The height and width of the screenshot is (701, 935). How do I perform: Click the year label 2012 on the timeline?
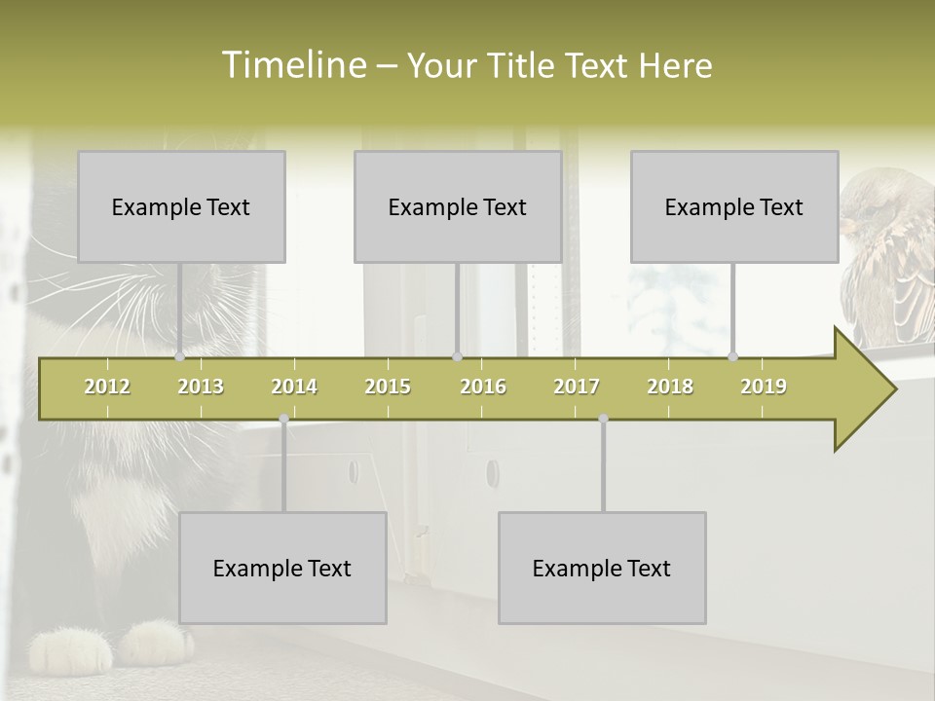tap(107, 387)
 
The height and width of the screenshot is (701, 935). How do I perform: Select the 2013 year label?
tap(201, 387)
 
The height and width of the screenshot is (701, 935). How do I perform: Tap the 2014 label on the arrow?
tap(294, 387)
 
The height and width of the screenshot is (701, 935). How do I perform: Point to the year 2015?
tap(388, 387)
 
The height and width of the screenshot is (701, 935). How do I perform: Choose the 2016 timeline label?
tap(483, 387)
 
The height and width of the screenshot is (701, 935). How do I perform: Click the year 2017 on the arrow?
tap(577, 387)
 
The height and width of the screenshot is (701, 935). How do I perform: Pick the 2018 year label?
tap(670, 387)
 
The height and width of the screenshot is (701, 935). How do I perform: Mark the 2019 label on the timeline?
tap(764, 387)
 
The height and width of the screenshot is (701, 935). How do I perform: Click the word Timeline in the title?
tap(293, 65)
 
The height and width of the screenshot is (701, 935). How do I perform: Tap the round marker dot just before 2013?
tap(179, 357)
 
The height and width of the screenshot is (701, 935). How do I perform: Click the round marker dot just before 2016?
tap(457, 357)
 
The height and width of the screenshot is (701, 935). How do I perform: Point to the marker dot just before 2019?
tap(733, 357)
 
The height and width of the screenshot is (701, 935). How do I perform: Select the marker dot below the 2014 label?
tap(283, 419)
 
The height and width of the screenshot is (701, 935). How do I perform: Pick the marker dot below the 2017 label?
tap(603, 419)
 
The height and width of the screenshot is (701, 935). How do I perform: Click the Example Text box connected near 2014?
tap(282, 568)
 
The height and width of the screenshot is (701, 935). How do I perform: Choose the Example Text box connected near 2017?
tap(602, 568)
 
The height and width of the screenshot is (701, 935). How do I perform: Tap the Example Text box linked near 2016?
tap(458, 206)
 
